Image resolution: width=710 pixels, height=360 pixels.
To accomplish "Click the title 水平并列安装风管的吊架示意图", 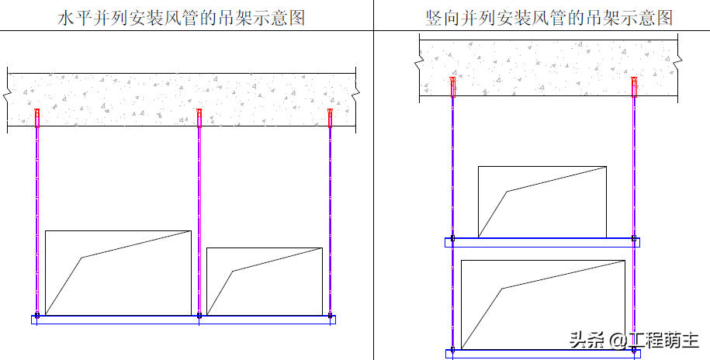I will point(182,18).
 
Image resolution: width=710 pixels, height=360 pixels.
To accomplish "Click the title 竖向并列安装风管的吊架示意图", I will point(549,18).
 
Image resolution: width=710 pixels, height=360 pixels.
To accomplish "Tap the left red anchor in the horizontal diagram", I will point(36,117).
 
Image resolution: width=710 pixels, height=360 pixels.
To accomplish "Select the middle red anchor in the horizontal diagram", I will point(199,117).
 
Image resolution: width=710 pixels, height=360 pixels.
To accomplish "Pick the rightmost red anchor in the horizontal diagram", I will point(331,117).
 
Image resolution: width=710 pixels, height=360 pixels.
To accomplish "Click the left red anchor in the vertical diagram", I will point(453,86).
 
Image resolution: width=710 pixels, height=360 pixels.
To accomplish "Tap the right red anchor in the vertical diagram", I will point(635,86).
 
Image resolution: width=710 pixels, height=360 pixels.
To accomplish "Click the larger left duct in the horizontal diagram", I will point(118,273).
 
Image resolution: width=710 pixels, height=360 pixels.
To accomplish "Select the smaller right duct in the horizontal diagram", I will point(265,282).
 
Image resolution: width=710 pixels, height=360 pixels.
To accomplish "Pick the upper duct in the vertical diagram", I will point(542,202).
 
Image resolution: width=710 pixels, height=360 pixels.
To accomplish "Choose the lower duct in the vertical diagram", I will point(542,305).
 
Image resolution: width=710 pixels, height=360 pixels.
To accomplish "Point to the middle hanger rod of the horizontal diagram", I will point(199,217).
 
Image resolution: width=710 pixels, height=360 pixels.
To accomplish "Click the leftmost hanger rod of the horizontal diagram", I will point(36,217).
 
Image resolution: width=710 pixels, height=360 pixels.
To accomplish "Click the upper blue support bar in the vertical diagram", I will point(542,242).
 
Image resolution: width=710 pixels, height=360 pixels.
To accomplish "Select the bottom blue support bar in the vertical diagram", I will point(542,354).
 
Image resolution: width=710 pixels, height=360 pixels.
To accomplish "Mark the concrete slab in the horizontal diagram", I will point(182,100).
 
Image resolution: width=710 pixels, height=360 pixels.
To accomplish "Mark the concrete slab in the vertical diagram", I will point(549,69).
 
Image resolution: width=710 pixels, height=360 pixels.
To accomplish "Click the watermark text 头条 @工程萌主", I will point(634,340).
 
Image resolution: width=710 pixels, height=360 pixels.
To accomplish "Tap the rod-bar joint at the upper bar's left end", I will point(453,239).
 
